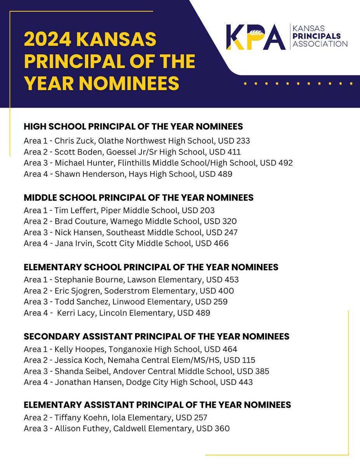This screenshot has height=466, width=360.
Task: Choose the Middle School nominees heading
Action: pyautogui.click(x=139, y=198)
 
